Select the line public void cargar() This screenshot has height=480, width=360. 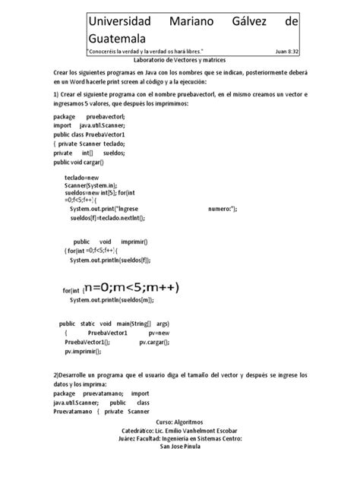tap(78, 162)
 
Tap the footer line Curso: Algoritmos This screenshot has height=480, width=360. tap(180, 420)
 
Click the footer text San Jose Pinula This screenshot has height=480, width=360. tap(180, 447)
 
